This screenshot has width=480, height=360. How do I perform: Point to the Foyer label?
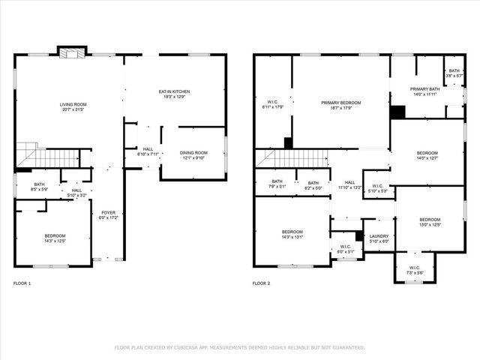pyautogui.click(x=107, y=215)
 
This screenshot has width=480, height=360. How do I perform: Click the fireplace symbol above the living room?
pyautogui.click(x=72, y=53)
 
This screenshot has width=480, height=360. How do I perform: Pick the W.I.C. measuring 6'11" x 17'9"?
pyautogui.click(x=272, y=105)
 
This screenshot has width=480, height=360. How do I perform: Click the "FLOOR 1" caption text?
pyautogui.click(x=22, y=283)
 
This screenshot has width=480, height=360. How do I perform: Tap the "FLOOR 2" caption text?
pyautogui.click(x=260, y=283)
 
